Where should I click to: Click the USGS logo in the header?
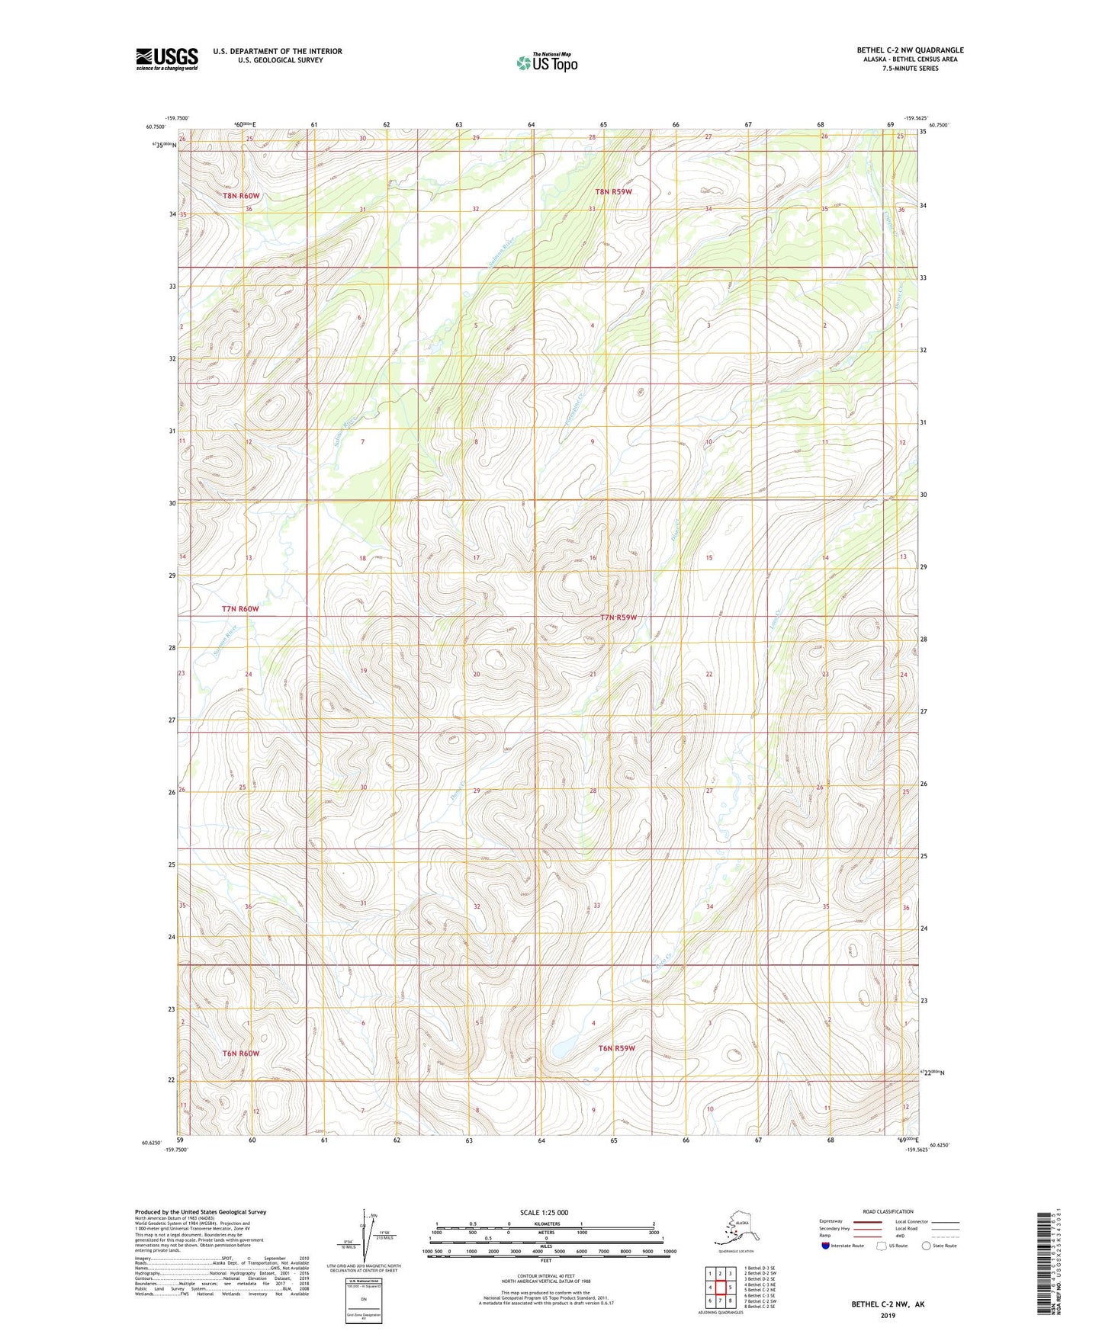coord(166,59)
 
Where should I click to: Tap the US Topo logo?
coord(547,63)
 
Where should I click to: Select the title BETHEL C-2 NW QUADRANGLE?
coord(910,50)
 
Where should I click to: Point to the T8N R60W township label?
coord(241,196)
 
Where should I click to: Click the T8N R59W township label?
coord(614,192)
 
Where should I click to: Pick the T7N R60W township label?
coord(240,609)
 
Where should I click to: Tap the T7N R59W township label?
coord(618,617)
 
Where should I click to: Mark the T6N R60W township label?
coord(241,1054)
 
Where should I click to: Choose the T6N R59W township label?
coord(616,1048)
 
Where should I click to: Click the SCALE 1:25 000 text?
coord(545,1213)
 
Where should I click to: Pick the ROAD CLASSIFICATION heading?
coord(888,1212)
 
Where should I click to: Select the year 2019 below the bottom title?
coord(888,1316)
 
